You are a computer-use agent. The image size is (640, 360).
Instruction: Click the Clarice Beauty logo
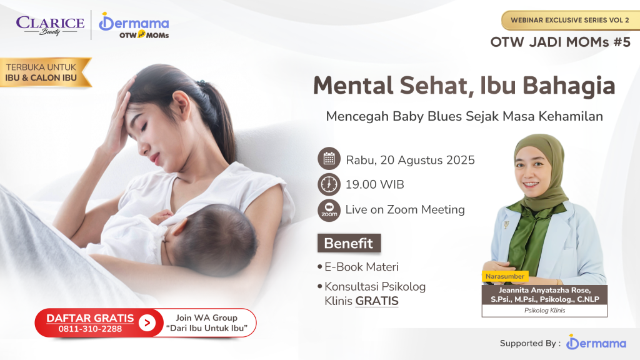pos(50,25)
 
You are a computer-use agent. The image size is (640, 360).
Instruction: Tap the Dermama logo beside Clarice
pos(134,25)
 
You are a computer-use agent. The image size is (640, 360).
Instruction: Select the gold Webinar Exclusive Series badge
pos(571,20)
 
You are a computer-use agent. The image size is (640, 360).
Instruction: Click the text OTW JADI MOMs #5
pos(561,42)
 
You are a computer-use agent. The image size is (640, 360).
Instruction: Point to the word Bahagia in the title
pos(569,86)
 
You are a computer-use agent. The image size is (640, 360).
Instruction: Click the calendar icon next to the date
pos(329,158)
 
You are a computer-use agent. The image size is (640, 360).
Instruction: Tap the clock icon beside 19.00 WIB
pos(329,184)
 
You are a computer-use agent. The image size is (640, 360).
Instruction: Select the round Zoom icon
pos(329,210)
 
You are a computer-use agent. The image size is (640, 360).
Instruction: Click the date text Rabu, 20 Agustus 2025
pos(410,160)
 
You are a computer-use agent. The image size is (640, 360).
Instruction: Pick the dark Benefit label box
pos(349,243)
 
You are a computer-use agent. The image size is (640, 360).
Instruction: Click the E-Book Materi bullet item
pos(358,267)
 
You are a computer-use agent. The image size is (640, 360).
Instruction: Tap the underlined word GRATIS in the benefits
pos(377,301)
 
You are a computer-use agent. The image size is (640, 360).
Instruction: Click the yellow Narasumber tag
pos(505,276)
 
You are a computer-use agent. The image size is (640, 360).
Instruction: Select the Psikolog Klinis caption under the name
pos(544,310)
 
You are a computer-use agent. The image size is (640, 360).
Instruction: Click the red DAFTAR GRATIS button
pos(99,323)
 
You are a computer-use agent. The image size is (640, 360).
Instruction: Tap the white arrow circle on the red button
pos(147,323)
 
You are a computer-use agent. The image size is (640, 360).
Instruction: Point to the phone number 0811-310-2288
pos(90,329)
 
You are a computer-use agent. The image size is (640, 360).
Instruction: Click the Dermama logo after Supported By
pos(596,342)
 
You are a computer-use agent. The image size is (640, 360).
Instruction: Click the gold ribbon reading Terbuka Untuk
pos(44,72)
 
